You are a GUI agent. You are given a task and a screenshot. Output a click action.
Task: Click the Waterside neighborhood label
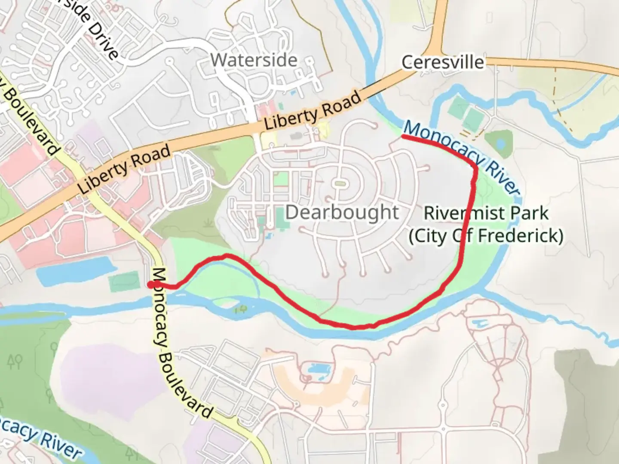254,60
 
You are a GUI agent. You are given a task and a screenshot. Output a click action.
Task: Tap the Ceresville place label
442,63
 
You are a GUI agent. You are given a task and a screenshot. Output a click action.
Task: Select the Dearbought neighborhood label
342,212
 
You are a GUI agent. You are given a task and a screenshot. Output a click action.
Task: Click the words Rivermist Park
486,213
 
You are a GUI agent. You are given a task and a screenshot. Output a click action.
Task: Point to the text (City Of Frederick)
486,236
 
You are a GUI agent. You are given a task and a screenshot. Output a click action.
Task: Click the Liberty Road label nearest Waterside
313,111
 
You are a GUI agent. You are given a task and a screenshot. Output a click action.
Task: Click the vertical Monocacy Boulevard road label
181,344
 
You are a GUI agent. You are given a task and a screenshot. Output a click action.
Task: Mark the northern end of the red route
403,136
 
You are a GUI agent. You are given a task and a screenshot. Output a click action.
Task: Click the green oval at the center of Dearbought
340,184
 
